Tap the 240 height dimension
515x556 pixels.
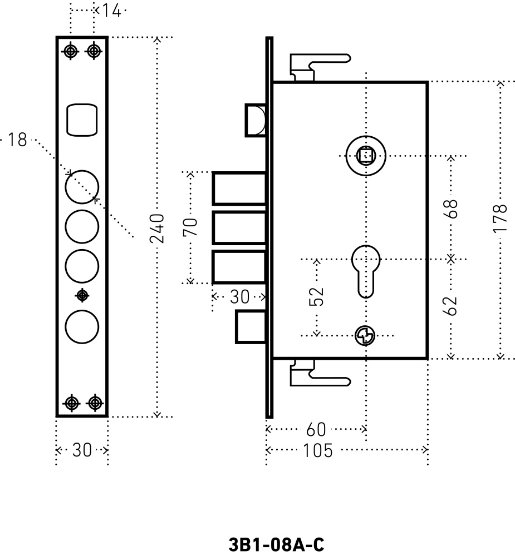158,229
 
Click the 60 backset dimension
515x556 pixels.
315,429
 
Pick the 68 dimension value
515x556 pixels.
452,209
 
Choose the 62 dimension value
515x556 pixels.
452,305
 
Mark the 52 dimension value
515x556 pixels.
316,296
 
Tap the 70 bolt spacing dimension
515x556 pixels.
190,227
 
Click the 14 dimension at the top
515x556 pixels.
111,10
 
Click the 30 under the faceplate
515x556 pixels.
82,450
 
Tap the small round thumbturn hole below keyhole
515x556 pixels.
365,335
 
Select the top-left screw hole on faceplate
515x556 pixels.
70,51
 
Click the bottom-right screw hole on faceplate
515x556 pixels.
95,402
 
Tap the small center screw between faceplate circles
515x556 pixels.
82,295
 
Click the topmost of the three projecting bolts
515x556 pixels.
239,188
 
